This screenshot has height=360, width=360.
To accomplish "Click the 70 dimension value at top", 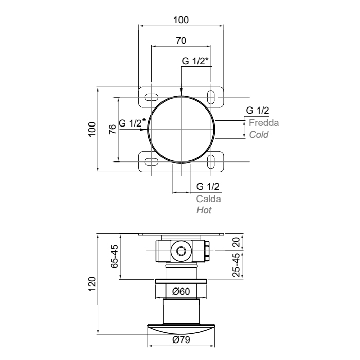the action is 181,41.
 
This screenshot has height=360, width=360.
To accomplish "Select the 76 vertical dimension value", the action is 113,130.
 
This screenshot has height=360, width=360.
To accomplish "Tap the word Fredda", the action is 264,123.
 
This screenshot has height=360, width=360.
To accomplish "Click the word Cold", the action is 259,135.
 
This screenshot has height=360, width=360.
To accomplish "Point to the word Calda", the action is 208,199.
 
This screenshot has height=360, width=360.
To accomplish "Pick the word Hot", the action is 204,210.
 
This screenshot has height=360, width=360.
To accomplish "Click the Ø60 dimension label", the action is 181,292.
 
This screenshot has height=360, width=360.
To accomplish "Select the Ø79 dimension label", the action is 181,340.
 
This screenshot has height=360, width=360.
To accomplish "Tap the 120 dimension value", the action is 92,284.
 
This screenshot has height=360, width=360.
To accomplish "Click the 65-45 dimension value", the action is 115,257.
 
